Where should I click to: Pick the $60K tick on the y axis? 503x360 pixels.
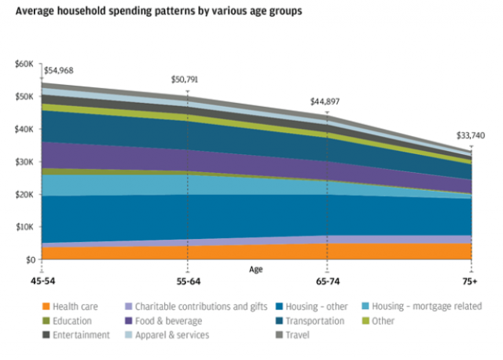click(x=24, y=64)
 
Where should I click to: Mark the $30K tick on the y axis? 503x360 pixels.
click(x=24, y=162)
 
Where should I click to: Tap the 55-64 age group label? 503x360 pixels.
click(x=187, y=281)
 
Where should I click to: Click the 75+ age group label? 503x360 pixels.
click(x=470, y=281)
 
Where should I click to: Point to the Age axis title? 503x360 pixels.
click(x=256, y=269)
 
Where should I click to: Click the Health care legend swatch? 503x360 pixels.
click(x=46, y=307)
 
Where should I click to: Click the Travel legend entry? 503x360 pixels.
click(x=292, y=335)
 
